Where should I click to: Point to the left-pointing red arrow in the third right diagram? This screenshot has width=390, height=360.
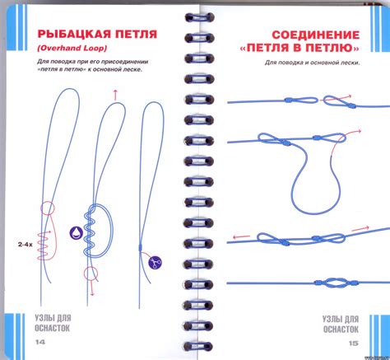[239, 236]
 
